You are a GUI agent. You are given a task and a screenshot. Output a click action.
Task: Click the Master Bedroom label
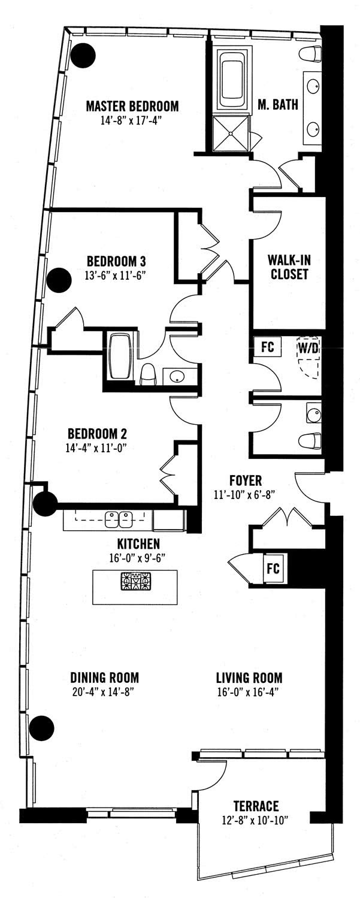[132, 106]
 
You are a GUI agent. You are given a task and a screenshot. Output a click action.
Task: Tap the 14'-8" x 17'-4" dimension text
[132, 120]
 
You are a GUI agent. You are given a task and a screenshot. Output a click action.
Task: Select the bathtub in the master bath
[232, 80]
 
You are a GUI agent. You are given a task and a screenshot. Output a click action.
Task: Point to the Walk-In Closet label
[289, 267]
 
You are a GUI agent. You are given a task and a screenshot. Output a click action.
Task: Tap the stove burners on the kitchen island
[135, 581]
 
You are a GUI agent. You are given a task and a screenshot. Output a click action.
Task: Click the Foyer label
[246, 480]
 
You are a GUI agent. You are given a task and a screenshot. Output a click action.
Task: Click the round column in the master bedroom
[83, 55]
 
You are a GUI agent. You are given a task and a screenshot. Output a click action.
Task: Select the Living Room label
[249, 678]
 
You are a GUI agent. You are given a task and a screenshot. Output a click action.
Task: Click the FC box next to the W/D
[267, 346]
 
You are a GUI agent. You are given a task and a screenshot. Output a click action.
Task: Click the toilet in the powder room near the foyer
[311, 442]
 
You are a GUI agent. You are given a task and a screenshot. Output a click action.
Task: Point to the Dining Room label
[105, 678]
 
